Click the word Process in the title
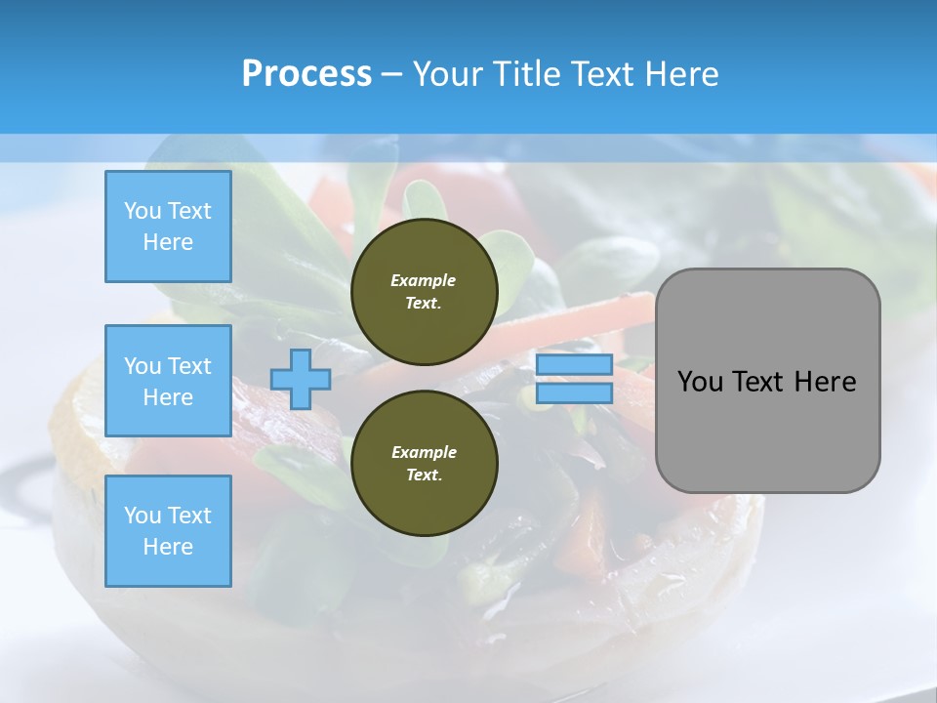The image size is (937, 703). pyautogui.click(x=306, y=74)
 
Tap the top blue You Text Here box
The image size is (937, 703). pyautogui.click(x=168, y=227)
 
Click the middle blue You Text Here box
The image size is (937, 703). pyautogui.click(x=168, y=381)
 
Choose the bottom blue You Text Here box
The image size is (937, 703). pyautogui.click(x=168, y=530)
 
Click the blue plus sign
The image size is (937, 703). pyautogui.click(x=301, y=380)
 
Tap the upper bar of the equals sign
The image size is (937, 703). pyautogui.click(x=574, y=365)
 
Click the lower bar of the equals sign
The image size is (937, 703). pyautogui.click(x=574, y=393)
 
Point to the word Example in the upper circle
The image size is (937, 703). pyautogui.click(x=424, y=280)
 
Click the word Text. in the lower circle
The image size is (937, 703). pyautogui.click(x=424, y=476)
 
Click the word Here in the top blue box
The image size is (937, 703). pyautogui.click(x=168, y=242)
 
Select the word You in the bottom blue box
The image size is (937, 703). pyautogui.click(x=142, y=515)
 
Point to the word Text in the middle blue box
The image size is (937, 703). pyautogui.click(x=189, y=366)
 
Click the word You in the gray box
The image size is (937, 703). pyautogui.click(x=700, y=382)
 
